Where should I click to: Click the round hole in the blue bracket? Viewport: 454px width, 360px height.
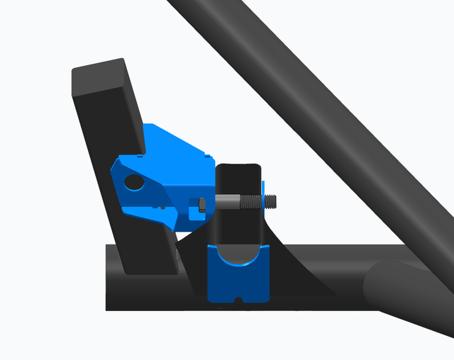point(133,183)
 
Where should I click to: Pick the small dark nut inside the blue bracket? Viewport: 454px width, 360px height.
point(202,206)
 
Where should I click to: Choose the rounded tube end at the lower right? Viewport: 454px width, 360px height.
point(383,283)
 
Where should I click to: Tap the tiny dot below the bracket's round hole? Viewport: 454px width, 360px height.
point(164,208)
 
